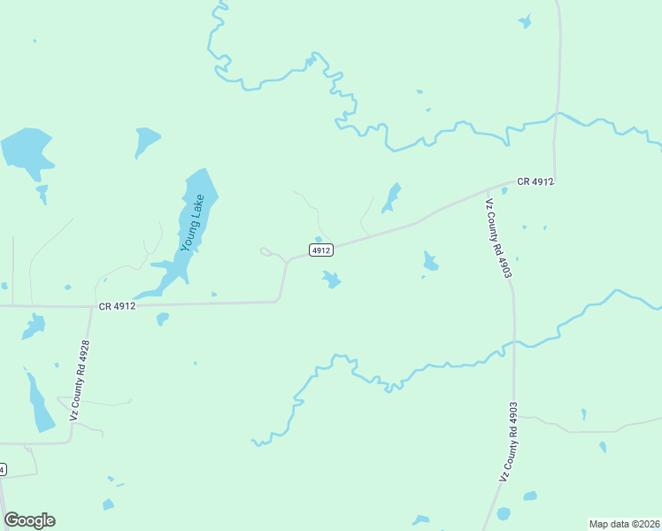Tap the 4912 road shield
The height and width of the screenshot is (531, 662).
pyautogui.click(x=321, y=250)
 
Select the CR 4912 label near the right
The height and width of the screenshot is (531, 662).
pyautogui.click(x=535, y=181)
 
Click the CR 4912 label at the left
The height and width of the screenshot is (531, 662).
pyautogui.click(x=117, y=306)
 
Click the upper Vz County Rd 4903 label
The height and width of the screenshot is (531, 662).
pyautogui.click(x=497, y=239)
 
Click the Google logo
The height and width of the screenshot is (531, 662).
pyautogui.click(x=29, y=520)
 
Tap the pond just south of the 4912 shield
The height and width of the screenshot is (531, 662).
pyautogui.click(x=331, y=281)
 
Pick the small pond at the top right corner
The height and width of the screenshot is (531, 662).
pyautogui.click(x=525, y=21)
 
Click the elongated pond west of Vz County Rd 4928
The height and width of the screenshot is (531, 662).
pyautogui.click(x=39, y=403)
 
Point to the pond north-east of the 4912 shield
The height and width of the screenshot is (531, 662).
pyautogui.click(x=390, y=198)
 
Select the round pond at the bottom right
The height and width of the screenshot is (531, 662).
pyautogui.click(x=504, y=514)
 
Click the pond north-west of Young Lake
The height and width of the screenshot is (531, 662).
pyautogui.click(x=146, y=140)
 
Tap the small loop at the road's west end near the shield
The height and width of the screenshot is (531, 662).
pyautogui.click(x=266, y=252)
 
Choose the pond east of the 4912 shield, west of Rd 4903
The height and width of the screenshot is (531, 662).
pyautogui.click(x=430, y=261)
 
